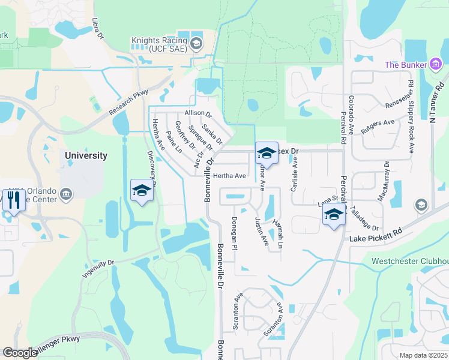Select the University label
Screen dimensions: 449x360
coord(86,155)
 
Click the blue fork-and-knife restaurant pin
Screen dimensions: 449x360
coord(13,202)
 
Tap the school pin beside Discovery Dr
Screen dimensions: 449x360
coord(141,191)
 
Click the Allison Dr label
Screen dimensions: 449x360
coord(199,113)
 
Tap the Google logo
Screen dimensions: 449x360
coord(20,353)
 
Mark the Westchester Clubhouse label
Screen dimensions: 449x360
coord(410,261)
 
